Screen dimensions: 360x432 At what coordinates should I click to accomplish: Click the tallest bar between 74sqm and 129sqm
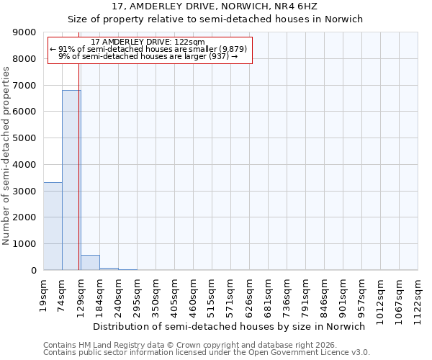pyautogui.click(x=71, y=180)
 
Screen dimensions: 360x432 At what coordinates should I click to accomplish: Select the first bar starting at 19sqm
pyautogui.click(x=53, y=226)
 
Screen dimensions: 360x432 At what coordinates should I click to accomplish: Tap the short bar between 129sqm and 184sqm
pyautogui.click(x=90, y=263)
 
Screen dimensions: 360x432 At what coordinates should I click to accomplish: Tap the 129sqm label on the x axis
pyautogui.click(x=81, y=294)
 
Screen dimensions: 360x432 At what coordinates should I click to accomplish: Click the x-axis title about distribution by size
pyautogui.click(x=230, y=326)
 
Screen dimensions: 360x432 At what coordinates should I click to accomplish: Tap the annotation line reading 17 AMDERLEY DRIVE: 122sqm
pyautogui.click(x=149, y=42)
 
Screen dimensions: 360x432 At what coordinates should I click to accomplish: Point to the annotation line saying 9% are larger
pyautogui.click(x=148, y=56)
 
